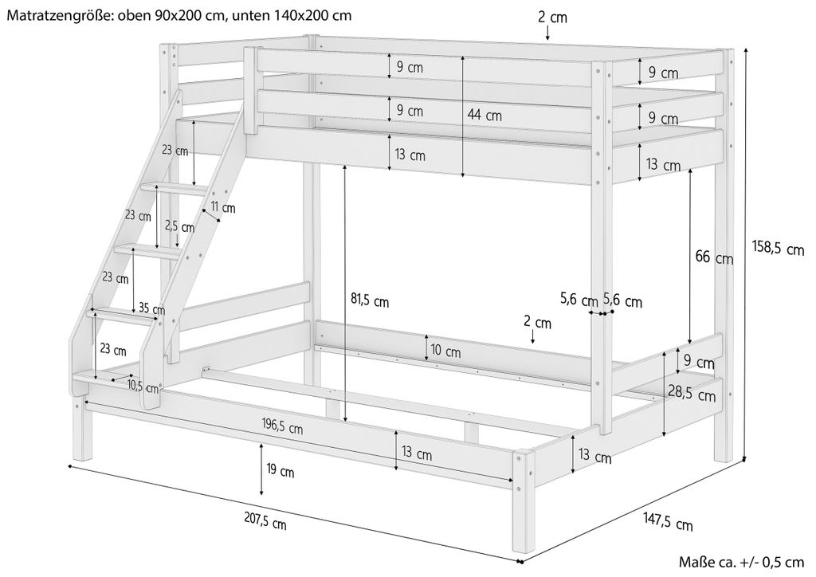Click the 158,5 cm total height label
point(779,249)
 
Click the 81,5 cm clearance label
point(370,301)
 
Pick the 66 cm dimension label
point(713,257)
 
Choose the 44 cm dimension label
point(484,115)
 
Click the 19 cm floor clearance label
point(280,473)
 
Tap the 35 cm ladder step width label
point(151,309)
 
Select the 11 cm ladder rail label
point(223,209)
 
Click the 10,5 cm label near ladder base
point(143,388)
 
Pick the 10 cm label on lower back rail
point(446,351)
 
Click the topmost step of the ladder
point(174,188)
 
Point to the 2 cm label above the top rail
point(551,17)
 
